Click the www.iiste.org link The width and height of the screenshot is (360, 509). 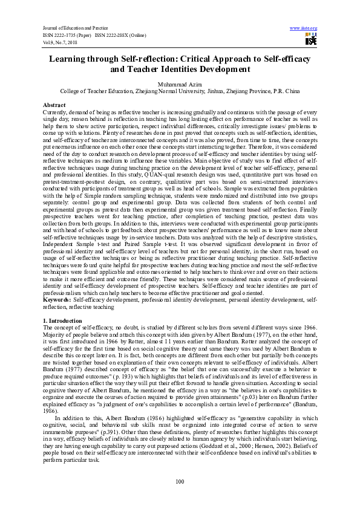(x=304, y=28)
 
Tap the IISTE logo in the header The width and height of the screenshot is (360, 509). (x=311, y=40)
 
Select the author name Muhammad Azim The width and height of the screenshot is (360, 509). (x=180, y=83)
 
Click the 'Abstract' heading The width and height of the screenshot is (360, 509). (x=54, y=105)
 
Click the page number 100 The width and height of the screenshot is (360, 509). (x=180, y=481)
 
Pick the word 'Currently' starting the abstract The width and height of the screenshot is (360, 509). (x=56, y=112)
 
